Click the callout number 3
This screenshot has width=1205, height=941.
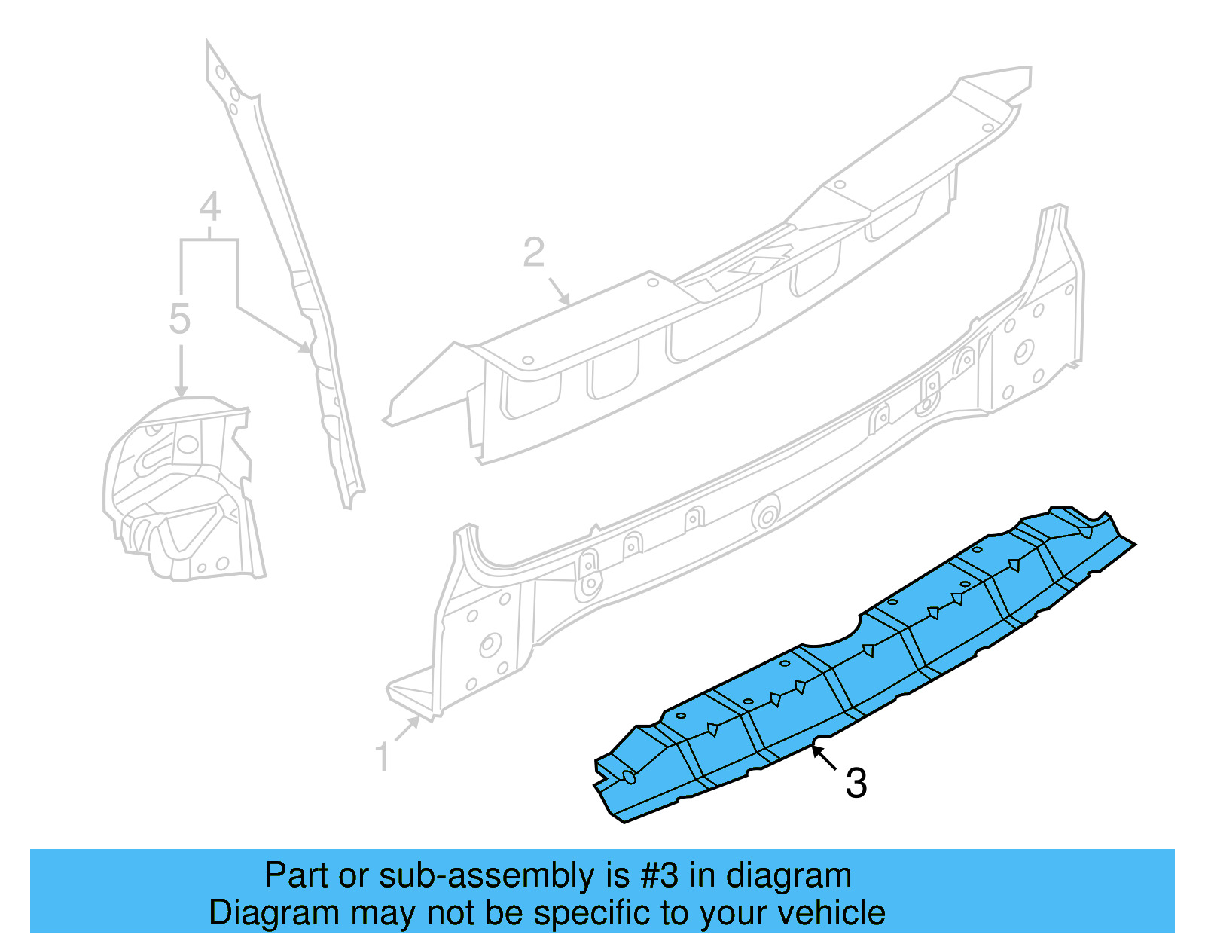(856, 784)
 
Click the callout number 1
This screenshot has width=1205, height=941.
(383, 757)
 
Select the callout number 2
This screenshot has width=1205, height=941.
(534, 252)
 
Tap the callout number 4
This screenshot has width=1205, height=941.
(210, 206)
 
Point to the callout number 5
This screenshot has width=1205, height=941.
(180, 319)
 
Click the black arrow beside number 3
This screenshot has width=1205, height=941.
(824, 757)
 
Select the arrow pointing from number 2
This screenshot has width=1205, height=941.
(558, 290)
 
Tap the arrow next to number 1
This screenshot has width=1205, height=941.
(407, 729)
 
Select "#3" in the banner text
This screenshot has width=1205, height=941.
(660, 876)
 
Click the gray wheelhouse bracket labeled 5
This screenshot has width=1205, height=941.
(181, 490)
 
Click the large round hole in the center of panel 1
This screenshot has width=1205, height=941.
(766, 516)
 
